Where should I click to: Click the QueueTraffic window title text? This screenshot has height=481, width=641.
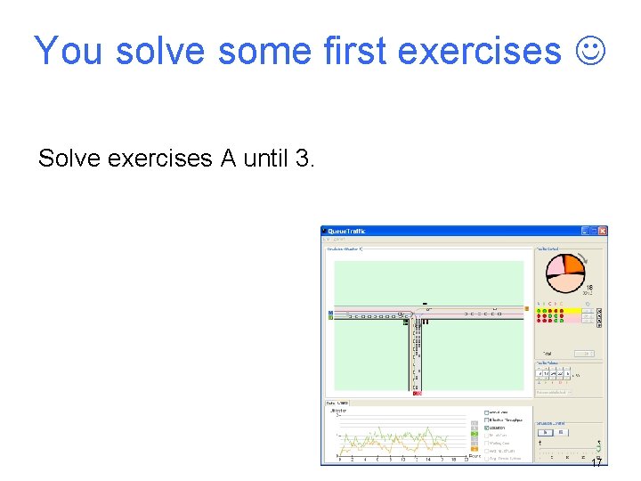tap(348, 232)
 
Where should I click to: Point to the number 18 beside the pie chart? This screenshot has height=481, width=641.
tap(588, 288)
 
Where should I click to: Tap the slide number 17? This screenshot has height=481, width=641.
tap(596, 463)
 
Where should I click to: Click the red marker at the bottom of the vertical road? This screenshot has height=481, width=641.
tap(417, 393)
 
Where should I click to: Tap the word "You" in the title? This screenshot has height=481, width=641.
tap(69, 52)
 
